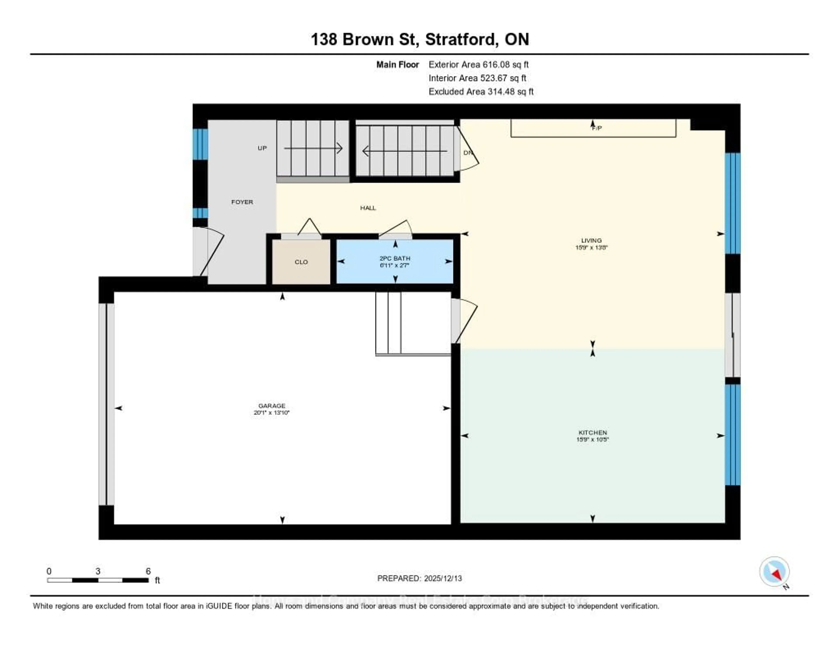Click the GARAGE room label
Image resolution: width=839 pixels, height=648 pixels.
tap(272, 406)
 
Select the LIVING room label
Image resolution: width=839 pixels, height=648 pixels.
tap(591, 241)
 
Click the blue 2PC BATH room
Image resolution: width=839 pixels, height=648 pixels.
tap(395, 262)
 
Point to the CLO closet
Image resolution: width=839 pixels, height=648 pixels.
tap(301, 262)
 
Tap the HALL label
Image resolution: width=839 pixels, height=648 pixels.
tap(368, 208)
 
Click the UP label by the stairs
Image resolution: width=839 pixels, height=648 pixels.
tap(262, 148)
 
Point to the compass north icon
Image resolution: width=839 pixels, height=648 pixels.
tap(775, 572)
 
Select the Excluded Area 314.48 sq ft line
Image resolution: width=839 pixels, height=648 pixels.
tap(481, 91)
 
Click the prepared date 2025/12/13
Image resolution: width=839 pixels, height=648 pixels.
tap(442, 578)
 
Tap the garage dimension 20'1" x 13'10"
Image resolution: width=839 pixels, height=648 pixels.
tap(272, 412)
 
